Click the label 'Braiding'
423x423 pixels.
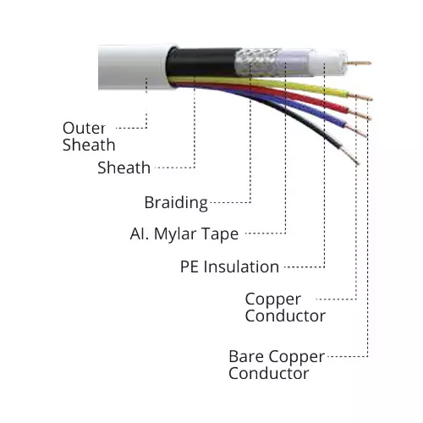pos(176,202)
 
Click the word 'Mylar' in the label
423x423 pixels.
pos(179,233)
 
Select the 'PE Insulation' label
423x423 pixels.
pos(229,266)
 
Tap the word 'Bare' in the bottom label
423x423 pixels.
pos(246,355)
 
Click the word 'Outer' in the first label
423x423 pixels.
pos(84,128)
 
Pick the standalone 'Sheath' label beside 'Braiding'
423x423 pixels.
pos(124,168)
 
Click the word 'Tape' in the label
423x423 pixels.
pos(220,233)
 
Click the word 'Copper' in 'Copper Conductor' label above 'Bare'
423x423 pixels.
pos(272,299)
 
